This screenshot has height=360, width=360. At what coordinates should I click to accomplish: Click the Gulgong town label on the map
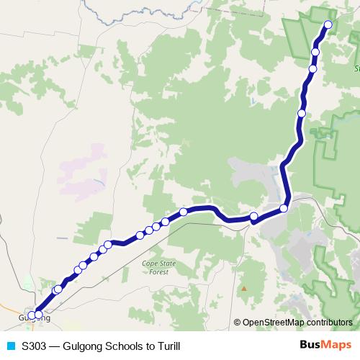point(35,318)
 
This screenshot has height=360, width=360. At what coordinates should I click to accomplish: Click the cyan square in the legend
point(9,346)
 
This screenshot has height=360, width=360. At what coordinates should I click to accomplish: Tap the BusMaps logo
point(326,346)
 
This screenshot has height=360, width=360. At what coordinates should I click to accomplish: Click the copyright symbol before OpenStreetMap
point(237,323)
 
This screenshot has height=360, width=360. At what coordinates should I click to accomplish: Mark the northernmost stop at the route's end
point(328,24)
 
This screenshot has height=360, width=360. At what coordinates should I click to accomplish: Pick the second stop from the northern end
point(315,52)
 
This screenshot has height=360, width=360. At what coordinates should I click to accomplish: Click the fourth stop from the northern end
point(302,113)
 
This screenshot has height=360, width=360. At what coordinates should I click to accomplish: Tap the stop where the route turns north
point(284,208)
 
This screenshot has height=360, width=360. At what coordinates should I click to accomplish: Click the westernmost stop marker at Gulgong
point(31,315)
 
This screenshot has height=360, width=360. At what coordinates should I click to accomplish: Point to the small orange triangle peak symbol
point(244,289)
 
